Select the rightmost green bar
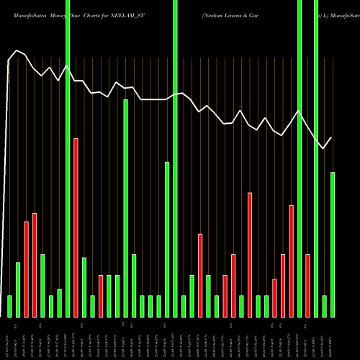click(333, 245)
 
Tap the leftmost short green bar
click(9, 306)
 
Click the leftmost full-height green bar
click(68, 158)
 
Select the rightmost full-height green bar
click(316, 158)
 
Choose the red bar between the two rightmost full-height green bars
click(308, 285)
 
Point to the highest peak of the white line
click(17, 50)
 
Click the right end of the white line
click(332, 138)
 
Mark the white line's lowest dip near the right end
click(323, 148)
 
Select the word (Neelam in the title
click(212, 14)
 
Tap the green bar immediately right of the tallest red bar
click(84, 287)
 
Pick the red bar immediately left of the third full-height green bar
click(292, 261)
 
